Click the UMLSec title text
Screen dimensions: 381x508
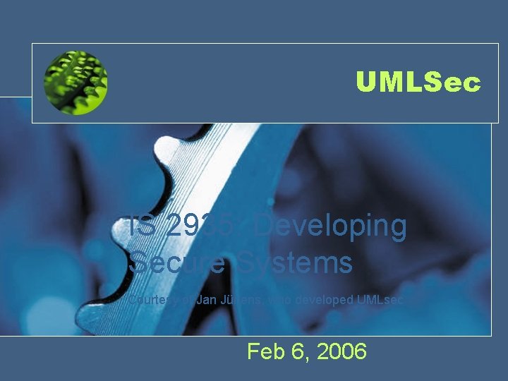pos(418,83)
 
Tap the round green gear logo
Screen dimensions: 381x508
pos(75,83)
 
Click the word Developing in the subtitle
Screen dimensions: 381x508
pos(330,227)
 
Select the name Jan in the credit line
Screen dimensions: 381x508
pos(206,300)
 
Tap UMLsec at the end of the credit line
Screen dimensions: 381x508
pos(381,300)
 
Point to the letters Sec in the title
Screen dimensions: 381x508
pos(454,83)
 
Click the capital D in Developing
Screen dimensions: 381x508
pos(264,227)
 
